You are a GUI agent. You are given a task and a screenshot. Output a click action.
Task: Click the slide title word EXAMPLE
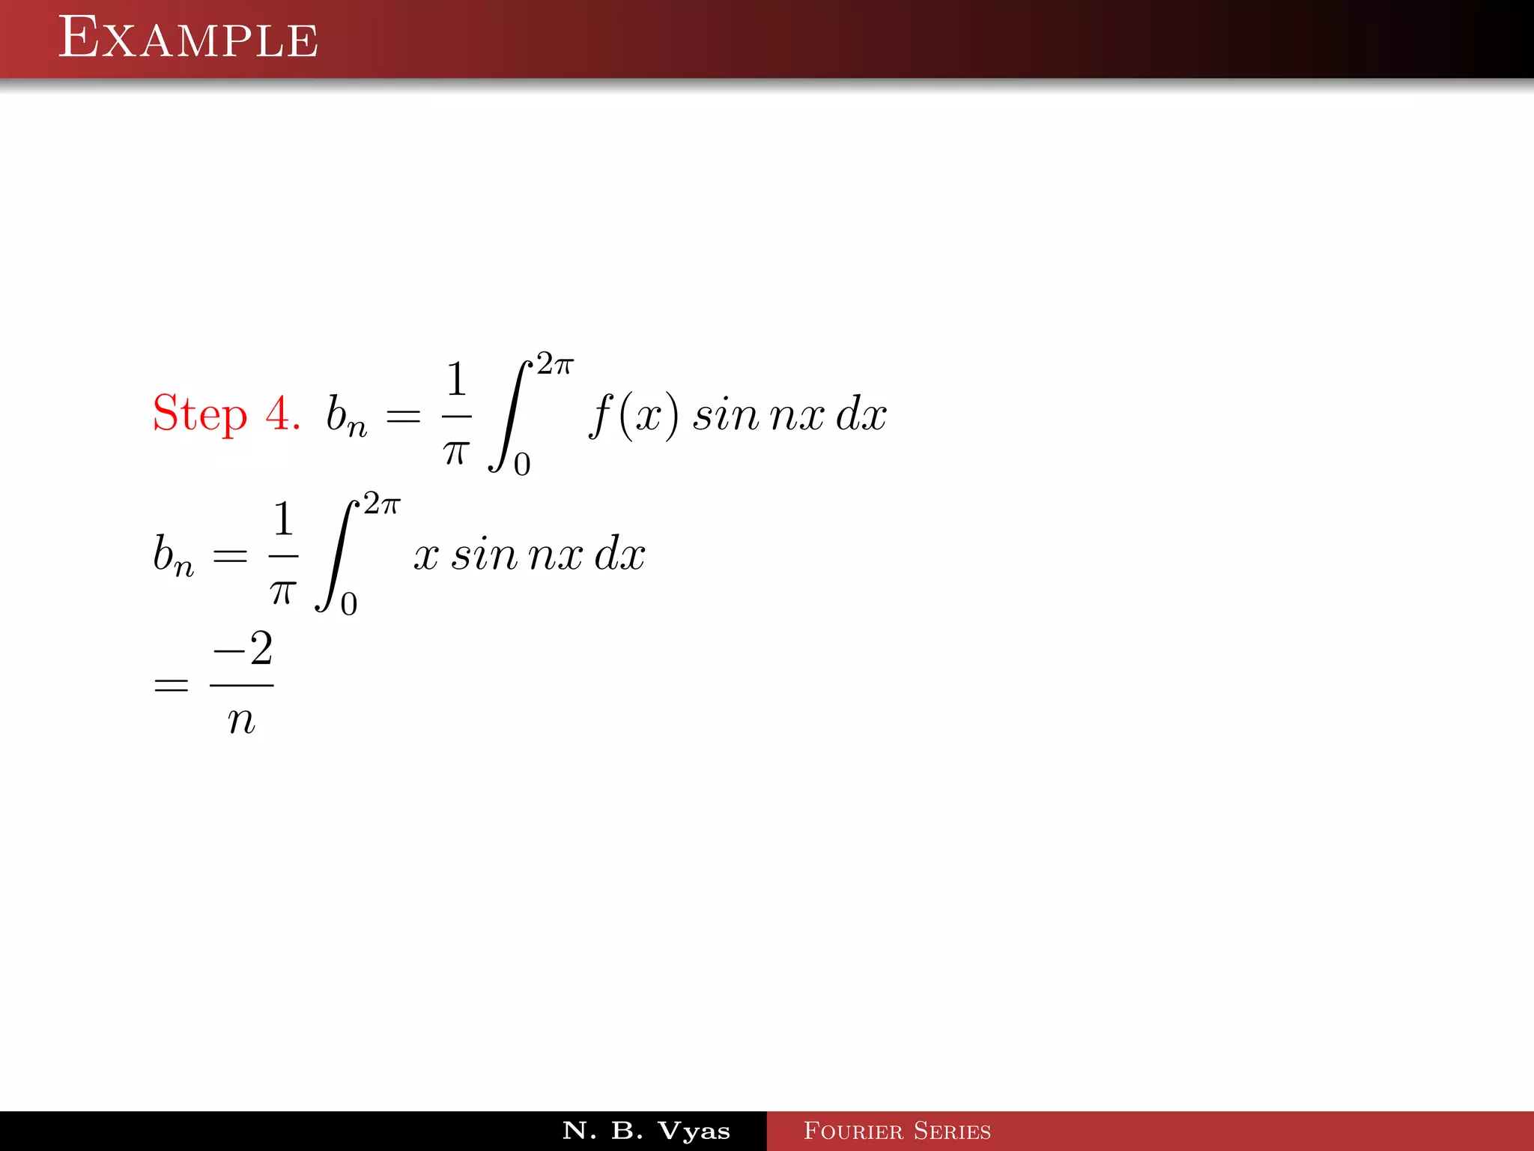188,38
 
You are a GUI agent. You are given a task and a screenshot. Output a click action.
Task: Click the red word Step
199,414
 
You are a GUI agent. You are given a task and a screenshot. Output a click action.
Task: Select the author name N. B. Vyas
646,1131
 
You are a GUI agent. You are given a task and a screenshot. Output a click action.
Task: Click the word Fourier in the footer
853,1131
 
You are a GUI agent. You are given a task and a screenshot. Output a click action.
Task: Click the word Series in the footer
952,1131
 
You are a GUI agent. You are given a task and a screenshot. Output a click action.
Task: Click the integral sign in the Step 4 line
509,416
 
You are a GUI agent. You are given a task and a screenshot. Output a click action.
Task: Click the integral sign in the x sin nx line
336,556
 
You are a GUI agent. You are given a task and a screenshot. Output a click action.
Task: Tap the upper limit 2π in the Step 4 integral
555,364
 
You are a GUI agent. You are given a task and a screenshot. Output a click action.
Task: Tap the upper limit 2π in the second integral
382,504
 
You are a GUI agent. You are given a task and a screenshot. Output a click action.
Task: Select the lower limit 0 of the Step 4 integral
522,465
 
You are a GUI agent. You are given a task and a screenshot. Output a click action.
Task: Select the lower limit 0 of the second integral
349,604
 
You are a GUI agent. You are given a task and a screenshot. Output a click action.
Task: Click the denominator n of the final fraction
241,720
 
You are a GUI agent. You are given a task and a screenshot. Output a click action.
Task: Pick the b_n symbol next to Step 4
346,415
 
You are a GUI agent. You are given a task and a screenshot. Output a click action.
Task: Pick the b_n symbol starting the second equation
173,555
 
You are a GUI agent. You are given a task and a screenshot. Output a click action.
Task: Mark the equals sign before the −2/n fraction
171,685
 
